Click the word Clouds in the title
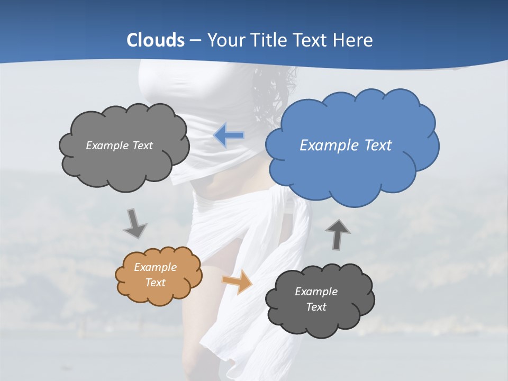click(156, 40)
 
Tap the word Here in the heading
click(353, 40)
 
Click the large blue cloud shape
click(352, 159)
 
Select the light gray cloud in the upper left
click(124, 159)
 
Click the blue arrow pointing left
click(229, 135)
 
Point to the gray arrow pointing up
click(337, 234)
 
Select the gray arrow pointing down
click(135, 223)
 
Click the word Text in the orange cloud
click(155, 283)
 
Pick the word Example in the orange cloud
click(155, 267)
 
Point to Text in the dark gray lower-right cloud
click(316, 307)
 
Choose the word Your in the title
click(223, 40)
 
